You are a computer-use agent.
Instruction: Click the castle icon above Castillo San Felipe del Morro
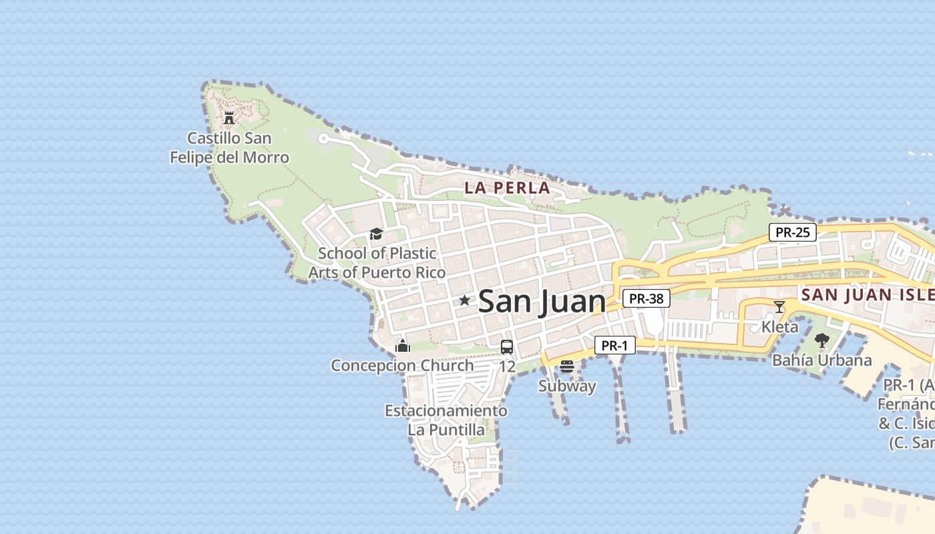point(229,118)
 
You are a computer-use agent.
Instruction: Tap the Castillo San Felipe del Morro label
point(229,148)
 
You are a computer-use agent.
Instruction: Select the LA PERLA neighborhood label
point(508,188)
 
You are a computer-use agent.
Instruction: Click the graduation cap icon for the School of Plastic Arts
point(376,234)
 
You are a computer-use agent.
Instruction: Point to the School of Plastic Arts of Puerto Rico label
point(377,263)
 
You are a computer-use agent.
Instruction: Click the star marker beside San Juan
point(464,300)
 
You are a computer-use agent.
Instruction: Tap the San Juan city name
point(542,301)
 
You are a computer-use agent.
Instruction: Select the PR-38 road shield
point(646,298)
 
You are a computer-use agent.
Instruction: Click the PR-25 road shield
point(793,232)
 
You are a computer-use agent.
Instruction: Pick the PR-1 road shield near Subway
point(614,345)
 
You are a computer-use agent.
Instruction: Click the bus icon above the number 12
point(507,347)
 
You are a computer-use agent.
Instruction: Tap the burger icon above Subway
point(567,366)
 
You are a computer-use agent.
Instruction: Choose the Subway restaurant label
point(567,386)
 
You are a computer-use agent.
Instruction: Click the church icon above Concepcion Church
point(402,346)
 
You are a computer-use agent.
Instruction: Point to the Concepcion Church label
point(402,365)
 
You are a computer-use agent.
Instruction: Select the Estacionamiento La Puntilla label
point(446,420)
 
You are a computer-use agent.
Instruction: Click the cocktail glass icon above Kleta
point(779,307)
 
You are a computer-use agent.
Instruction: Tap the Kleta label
point(779,327)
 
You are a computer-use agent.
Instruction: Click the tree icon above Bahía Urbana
point(822,340)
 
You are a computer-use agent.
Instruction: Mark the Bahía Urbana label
point(822,360)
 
